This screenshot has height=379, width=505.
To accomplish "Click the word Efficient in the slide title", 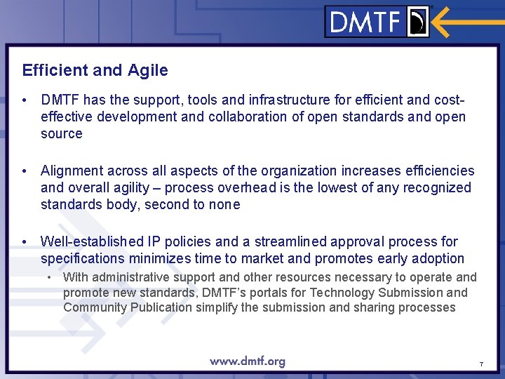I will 51,70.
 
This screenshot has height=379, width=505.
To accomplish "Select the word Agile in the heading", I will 148,70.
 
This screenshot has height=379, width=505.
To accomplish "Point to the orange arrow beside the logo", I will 466,22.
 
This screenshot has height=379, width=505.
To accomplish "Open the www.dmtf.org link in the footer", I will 247,361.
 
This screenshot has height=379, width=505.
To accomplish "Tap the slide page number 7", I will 481,364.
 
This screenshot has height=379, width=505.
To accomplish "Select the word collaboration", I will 236,117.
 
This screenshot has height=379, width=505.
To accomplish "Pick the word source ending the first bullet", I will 62,133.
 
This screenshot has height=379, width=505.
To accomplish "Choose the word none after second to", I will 225,204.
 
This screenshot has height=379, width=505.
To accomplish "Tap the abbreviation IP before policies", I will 153,241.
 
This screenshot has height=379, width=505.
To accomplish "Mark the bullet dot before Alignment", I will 25,171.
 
